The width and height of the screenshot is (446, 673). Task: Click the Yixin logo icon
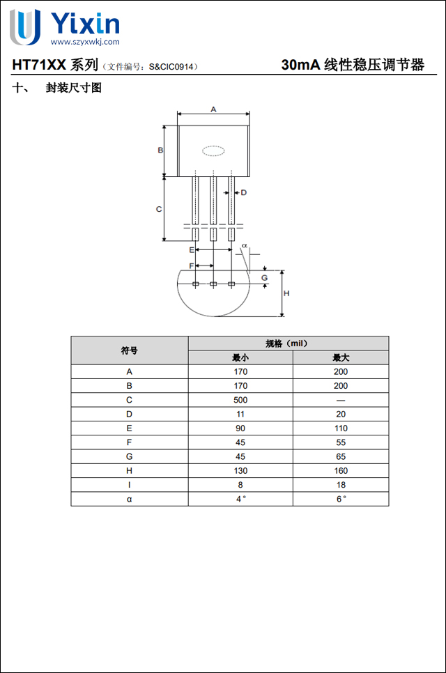tap(24, 28)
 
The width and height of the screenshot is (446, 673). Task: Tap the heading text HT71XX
tap(39, 65)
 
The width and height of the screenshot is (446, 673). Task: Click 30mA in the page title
tap(300, 65)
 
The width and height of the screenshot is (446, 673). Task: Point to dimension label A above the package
tap(213, 109)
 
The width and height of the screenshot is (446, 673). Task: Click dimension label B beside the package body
tap(160, 150)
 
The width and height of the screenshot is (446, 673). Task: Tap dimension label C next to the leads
tap(159, 209)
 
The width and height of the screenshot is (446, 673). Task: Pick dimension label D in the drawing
tap(244, 192)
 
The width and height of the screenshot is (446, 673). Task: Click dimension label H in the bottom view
tap(286, 293)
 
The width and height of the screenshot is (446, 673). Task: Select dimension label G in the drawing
tap(264, 277)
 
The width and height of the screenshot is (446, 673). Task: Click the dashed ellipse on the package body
tap(213, 150)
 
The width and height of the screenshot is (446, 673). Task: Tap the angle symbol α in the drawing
tap(245, 246)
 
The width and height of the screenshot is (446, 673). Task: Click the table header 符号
tap(129, 350)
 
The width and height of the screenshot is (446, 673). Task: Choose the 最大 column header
tap(340, 357)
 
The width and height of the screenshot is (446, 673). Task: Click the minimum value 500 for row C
tap(240, 400)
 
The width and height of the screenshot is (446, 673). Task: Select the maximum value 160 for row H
tap(340, 471)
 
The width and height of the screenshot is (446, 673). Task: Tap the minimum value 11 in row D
tap(240, 414)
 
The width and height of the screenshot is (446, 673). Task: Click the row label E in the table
tap(129, 428)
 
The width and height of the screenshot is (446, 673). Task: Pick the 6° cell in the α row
tap(340, 499)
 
